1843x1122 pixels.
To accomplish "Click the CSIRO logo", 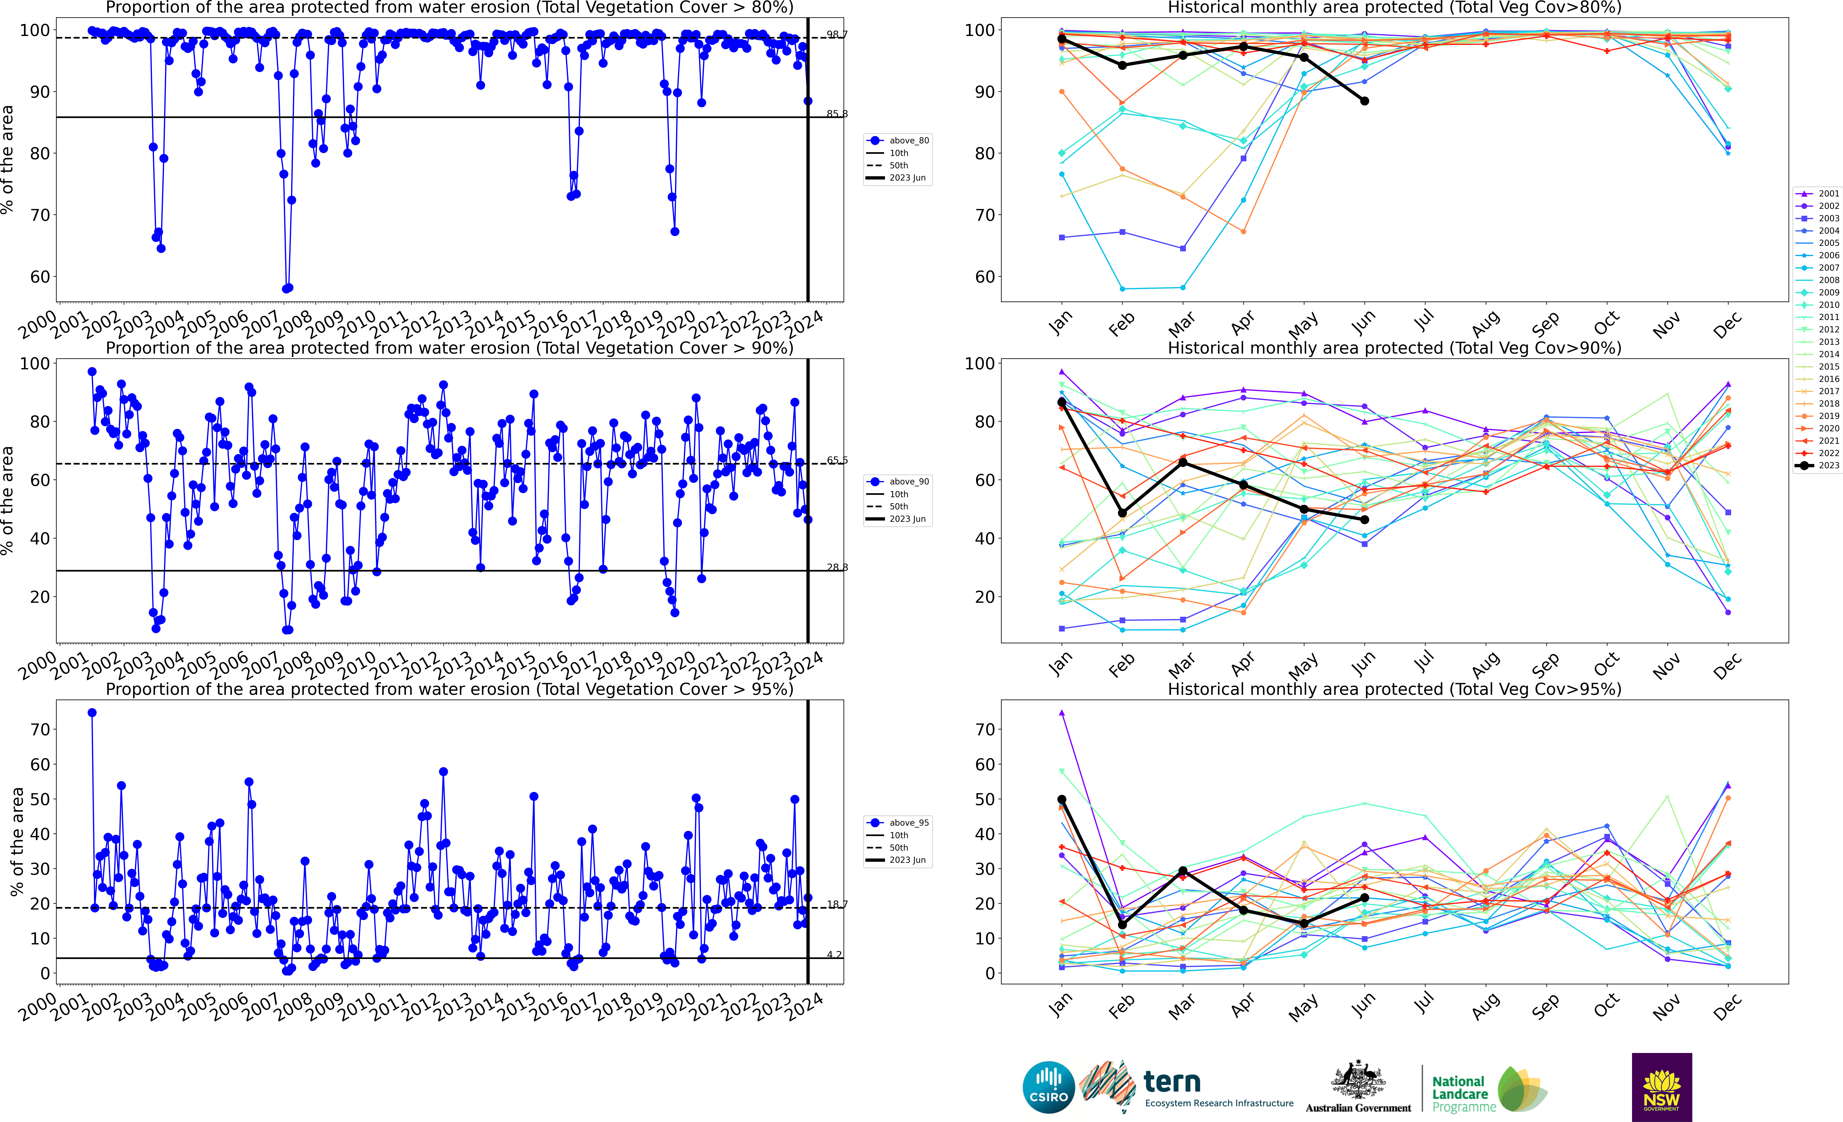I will point(1049,1087).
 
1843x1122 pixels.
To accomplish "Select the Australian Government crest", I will point(1358,1081).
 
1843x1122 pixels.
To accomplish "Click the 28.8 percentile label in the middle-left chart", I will point(837,567).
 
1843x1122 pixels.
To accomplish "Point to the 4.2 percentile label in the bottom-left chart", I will point(834,954).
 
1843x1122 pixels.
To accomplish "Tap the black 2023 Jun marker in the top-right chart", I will point(1364,101).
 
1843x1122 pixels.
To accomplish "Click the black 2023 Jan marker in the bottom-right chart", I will point(1061,800).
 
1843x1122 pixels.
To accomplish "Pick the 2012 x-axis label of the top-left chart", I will point(419,326).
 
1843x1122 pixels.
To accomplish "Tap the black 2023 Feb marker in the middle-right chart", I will point(1122,513).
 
